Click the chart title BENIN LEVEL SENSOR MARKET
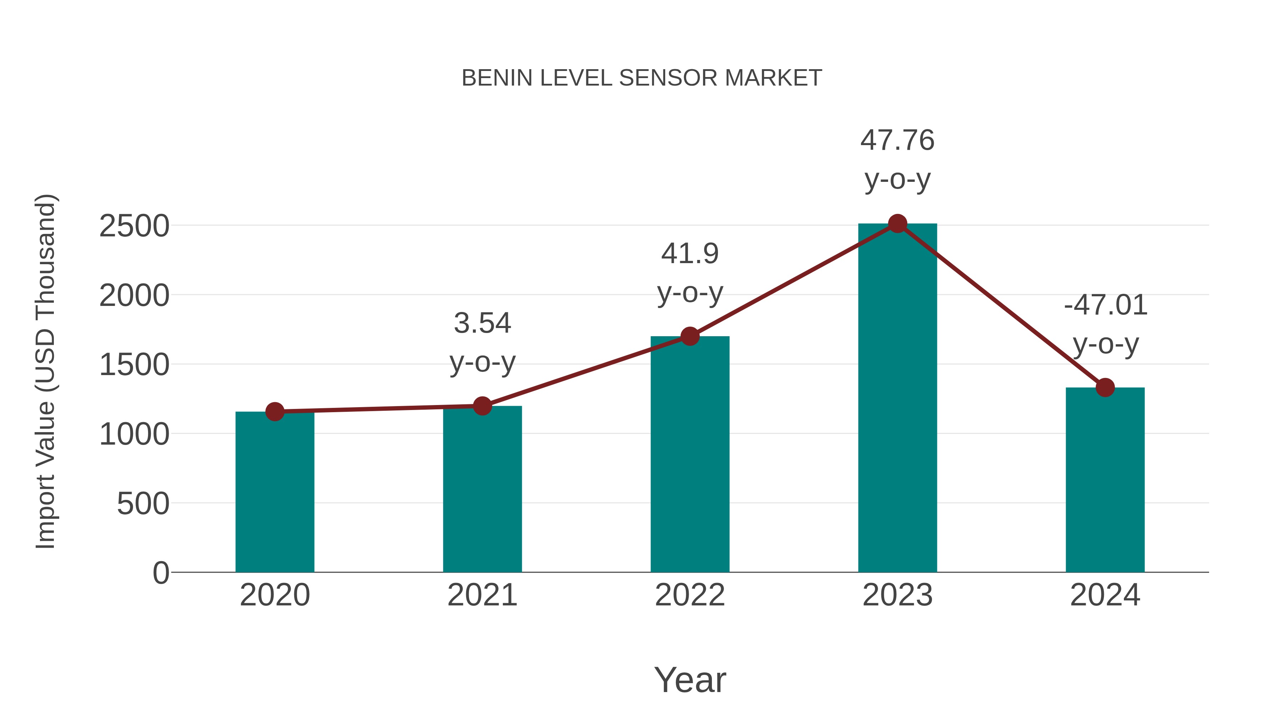[642, 78]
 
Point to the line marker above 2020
[275, 411]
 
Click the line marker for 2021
[482, 406]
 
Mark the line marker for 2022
[690, 336]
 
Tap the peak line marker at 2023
[897, 224]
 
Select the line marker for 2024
[1105, 387]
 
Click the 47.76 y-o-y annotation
[897, 159]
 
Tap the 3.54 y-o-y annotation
[482, 342]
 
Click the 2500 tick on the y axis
[134, 226]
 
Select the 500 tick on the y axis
[143, 504]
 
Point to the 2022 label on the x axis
[690, 595]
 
